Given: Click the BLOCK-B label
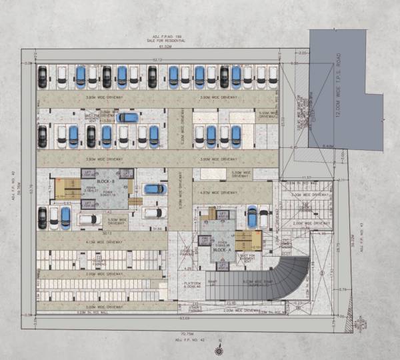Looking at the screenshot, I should [105, 181].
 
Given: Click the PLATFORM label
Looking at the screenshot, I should [194, 284].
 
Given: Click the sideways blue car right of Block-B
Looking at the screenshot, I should [154, 189].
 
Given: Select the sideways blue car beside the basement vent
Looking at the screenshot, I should [127, 117].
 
